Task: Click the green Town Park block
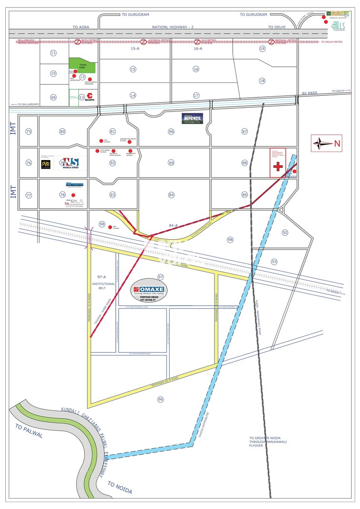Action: point(82,66)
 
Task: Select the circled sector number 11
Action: point(53,52)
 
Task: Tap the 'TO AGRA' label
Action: point(81,27)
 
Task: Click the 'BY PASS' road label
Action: point(309,94)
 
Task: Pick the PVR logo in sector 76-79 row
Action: point(46,163)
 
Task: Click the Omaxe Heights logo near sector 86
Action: point(192,118)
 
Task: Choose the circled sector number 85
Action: point(171,163)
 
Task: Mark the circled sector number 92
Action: point(285,233)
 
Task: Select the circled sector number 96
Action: point(160,398)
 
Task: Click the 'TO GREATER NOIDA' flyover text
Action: point(267,442)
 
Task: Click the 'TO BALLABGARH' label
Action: point(30,104)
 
